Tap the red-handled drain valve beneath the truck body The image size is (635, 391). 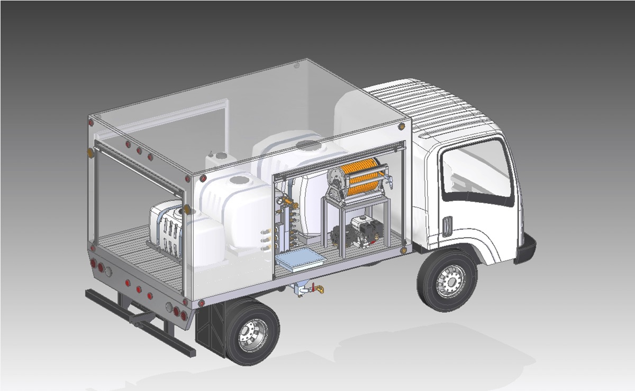318,289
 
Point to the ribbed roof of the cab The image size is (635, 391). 423,106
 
